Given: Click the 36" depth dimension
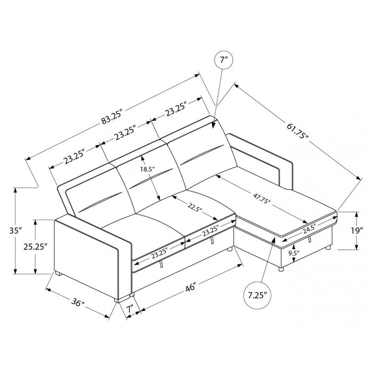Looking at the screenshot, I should click(x=78, y=305).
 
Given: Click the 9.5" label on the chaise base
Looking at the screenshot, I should click(x=292, y=253).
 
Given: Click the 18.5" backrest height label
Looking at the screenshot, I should click(x=147, y=170).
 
